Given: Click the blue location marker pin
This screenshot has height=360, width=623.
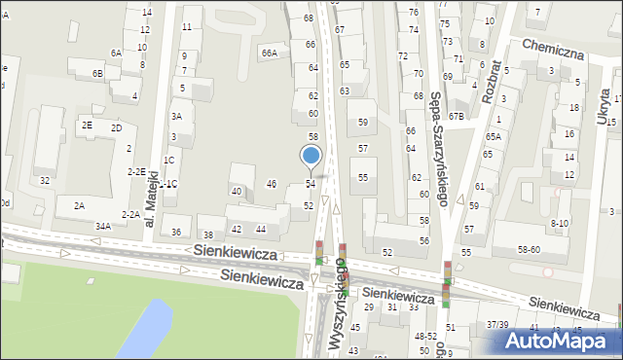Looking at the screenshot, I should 311,157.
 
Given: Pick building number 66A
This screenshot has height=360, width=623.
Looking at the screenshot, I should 269,53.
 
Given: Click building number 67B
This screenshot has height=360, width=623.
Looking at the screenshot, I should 457,116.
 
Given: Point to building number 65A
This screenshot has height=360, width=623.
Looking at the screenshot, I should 494,137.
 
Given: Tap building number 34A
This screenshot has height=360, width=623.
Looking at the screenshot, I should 102,226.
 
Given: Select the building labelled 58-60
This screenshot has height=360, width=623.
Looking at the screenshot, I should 529,250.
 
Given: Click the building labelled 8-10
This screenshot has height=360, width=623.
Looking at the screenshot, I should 559,223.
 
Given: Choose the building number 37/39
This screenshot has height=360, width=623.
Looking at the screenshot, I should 497,324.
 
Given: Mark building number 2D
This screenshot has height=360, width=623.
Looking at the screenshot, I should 116,127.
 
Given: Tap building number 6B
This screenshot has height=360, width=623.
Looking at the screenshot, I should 97,74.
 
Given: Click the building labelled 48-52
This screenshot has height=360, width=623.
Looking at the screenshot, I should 424,336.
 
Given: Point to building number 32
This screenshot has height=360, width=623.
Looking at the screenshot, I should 44,181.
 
